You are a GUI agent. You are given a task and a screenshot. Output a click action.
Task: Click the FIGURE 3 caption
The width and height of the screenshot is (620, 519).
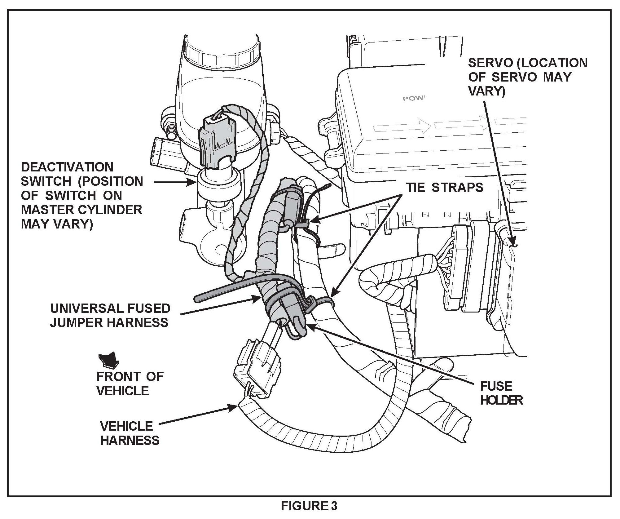pyautogui.click(x=309, y=506)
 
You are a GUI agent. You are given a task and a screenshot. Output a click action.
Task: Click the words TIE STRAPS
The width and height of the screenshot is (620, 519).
pyautogui.click(x=445, y=188)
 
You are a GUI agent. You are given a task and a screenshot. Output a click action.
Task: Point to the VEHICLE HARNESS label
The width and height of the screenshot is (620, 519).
pyautogui.click(x=130, y=433)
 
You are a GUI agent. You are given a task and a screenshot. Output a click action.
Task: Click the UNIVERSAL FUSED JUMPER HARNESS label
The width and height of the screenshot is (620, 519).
pyautogui.click(x=110, y=315)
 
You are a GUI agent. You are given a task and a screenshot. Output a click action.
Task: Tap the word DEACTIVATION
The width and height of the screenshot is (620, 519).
pyautogui.click(x=67, y=167)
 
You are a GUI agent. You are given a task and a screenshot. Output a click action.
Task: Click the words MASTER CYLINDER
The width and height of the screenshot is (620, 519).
pyautogui.click(x=81, y=210)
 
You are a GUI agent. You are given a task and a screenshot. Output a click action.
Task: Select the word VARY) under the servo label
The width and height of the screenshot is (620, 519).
pyautogui.click(x=486, y=91)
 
